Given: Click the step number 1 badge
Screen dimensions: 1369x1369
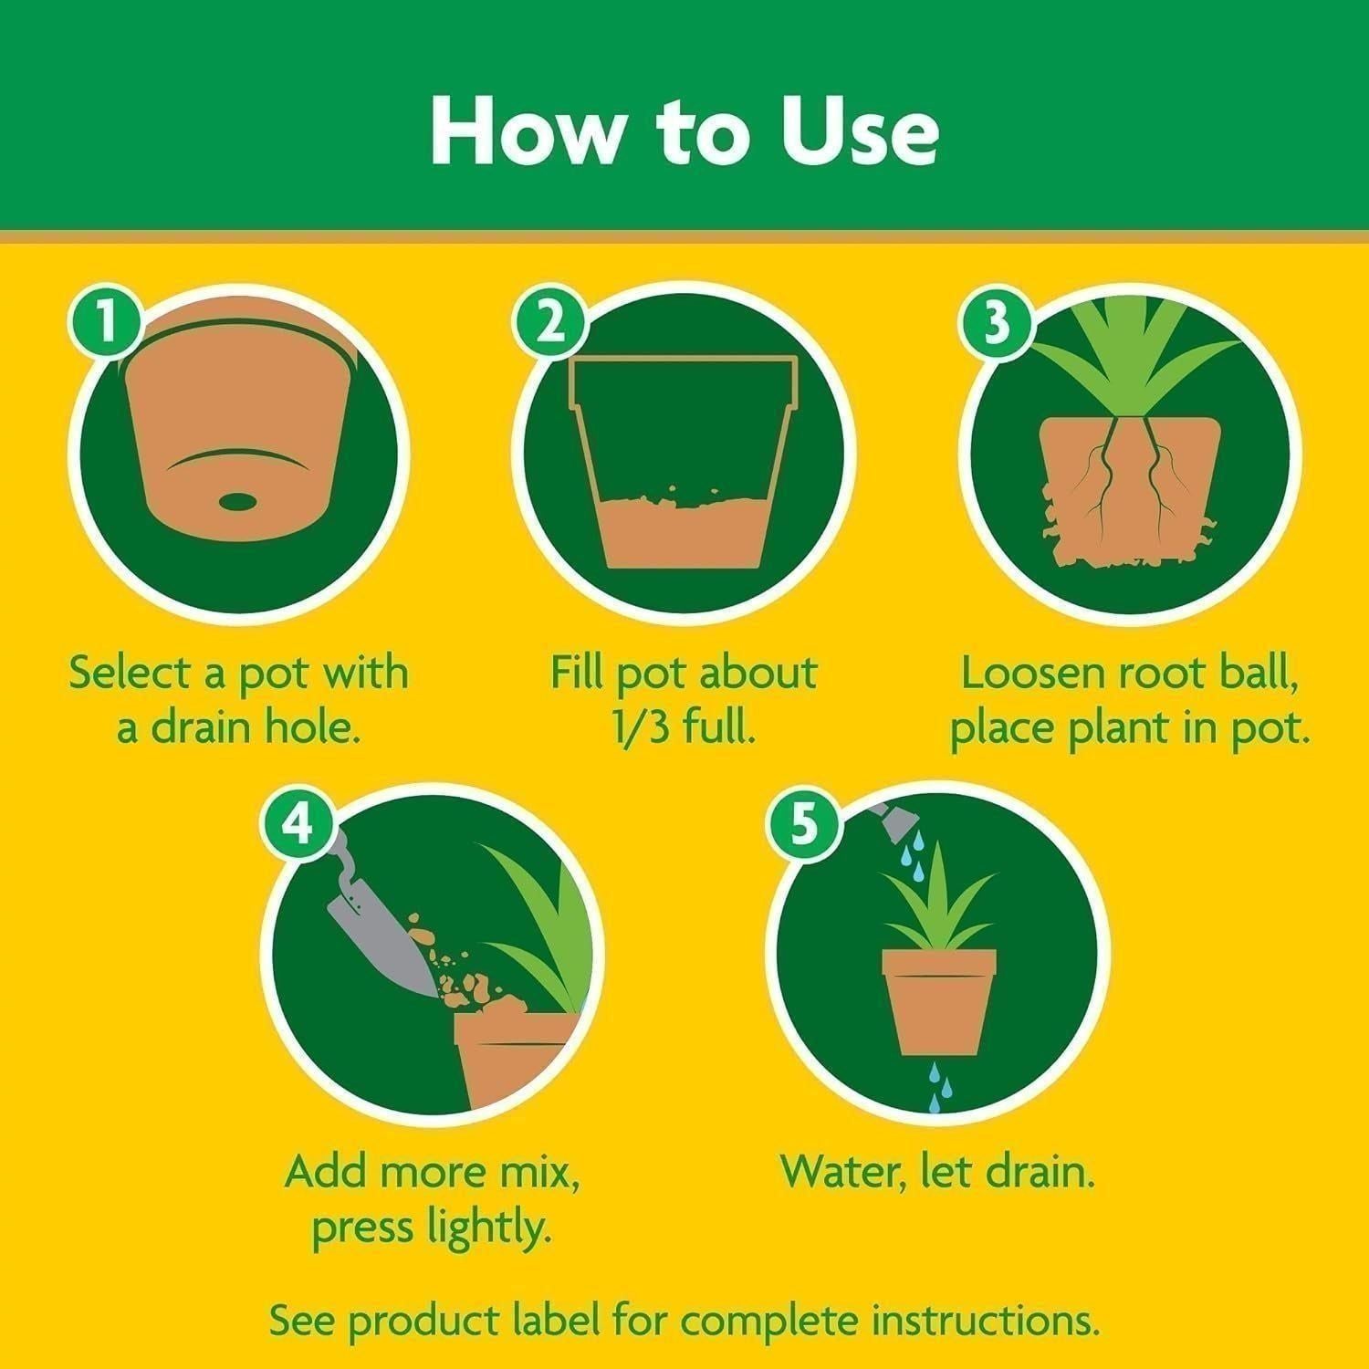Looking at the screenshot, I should click(107, 322).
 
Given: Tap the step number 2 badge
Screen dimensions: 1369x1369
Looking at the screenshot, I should click(550, 322).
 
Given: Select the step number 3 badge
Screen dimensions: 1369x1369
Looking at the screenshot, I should click(998, 322).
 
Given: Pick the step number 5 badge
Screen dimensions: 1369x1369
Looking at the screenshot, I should click(802, 825).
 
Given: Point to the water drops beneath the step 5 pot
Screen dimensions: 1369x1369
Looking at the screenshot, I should click(940, 1086).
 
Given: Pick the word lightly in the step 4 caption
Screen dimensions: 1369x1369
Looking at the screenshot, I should click(488, 1228).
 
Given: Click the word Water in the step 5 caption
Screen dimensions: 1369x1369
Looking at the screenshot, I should click(841, 1171).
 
